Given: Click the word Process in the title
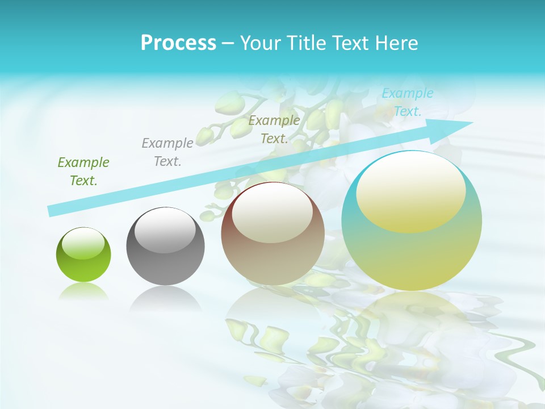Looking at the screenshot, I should [178, 43].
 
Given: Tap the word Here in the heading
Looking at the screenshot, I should [396, 43].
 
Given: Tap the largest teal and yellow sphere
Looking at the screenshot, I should [412, 256].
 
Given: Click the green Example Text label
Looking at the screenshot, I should [83, 172].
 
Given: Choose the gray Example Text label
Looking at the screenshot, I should [167, 152].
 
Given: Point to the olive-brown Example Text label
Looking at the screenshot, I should [274, 130].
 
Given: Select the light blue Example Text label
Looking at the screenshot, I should [408, 102].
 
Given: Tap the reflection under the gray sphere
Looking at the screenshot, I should [165, 298].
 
